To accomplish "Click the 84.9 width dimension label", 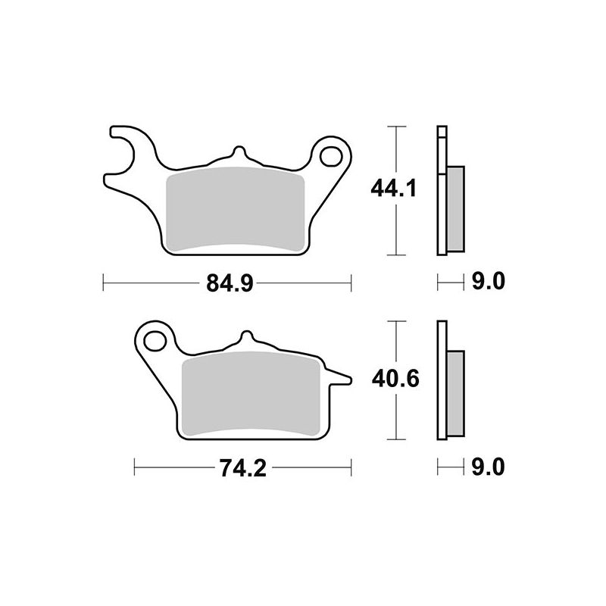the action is pyautogui.click(x=230, y=283).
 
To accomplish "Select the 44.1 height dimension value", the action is pyautogui.click(x=393, y=189).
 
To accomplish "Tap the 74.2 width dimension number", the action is pyautogui.click(x=243, y=468).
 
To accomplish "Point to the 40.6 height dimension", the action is pyautogui.click(x=395, y=380).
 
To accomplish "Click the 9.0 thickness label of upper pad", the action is pyautogui.click(x=488, y=281).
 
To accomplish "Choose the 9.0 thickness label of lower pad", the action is pyautogui.click(x=488, y=467).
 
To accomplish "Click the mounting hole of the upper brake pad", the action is pyautogui.click(x=331, y=157).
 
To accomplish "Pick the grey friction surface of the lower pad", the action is pyautogui.click(x=251, y=393).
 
